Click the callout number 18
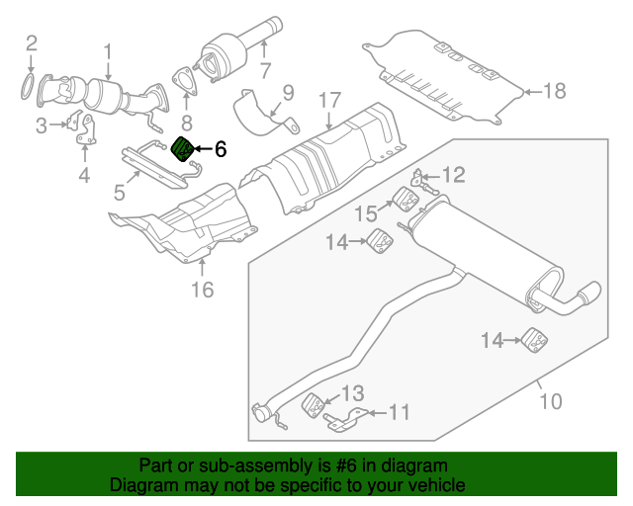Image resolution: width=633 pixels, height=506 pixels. pyautogui.click(x=554, y=92)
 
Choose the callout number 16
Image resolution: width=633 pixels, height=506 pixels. pyautogui.click(x=202, y=290)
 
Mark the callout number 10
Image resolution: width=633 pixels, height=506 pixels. pyautogui.click(x=550, y=401)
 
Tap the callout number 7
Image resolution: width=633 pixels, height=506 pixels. pyautogui.click(x=264, y=70)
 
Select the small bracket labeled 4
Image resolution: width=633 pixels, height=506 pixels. pyautogui.click(x=85, y=134)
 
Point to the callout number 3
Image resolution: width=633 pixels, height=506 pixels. pyautogui.click(x=42, y=125)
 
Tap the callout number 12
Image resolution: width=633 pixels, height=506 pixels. pyautogui.click(x=453, y=176)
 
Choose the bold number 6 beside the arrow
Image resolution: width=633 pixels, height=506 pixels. pyautogui.click(x=220, y=149)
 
